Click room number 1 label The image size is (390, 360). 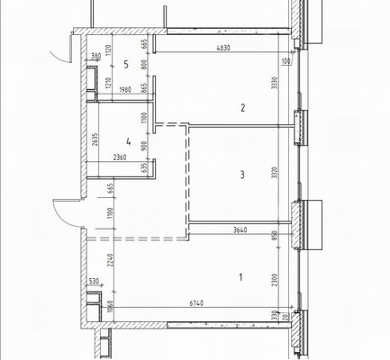[x=240, y=277]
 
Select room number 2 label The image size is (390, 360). [x=241, y=109]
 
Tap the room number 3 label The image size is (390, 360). [x=241, y=175]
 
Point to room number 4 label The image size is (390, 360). [x=129, y=142]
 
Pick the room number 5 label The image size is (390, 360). [x=127, y=65]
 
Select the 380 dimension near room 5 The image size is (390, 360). [x=95, y=57]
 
